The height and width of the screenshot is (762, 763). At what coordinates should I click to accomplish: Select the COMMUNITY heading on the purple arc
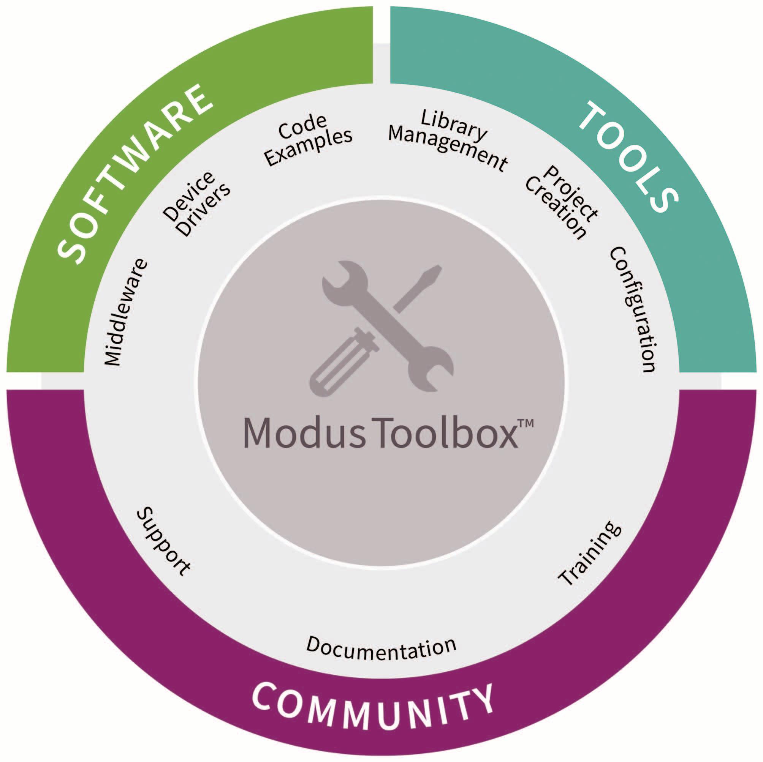(373, 710)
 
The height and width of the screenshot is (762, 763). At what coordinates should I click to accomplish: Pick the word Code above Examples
(302, 127)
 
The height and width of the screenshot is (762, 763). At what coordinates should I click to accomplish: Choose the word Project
(571, 193)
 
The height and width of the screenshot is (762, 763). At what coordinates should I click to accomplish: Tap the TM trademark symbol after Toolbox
(525, 423)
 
